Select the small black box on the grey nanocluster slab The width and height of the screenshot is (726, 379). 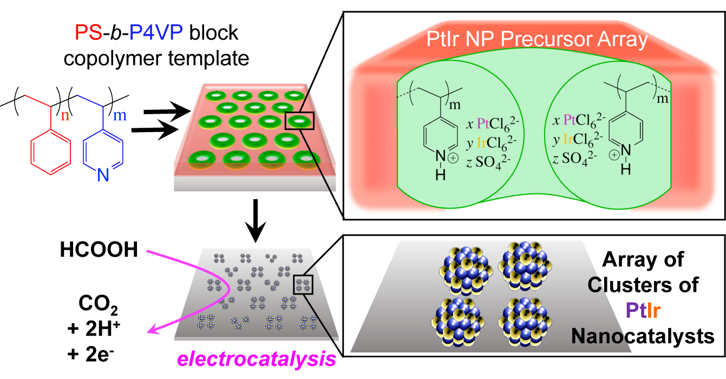pyautogui.click(x=303, y=285)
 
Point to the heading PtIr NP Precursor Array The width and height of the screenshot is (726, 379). pyautogui.click(x=533, y=40)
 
